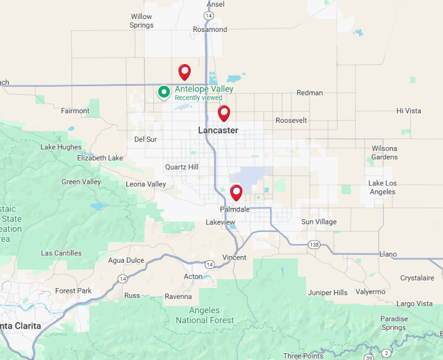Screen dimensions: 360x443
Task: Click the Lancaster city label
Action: tap(218, 130)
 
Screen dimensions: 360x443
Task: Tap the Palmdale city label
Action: tap(234, 209)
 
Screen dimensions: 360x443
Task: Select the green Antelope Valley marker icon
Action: tap(164, 92)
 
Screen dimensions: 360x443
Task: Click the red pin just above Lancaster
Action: tap(224, 113)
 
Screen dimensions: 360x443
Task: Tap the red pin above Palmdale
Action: tap(236, 193)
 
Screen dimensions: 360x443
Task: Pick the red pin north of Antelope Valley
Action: tap(185, 72)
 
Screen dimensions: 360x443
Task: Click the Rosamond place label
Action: tap(210, 30)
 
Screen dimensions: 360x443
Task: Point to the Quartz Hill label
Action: tap(182, 167)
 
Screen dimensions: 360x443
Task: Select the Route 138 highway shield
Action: tap(314, 244)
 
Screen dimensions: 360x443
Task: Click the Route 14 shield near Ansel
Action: tap(209, 15)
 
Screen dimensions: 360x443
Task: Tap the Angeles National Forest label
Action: tap(205, 315)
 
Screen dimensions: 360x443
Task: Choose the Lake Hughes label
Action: tap(61, 147)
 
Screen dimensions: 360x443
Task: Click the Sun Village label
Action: tap(319, 222)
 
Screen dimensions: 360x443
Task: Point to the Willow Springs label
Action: tap(142, 21)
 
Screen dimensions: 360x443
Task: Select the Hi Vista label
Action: tap(409, 111)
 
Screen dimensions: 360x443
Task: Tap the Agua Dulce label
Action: tap(126, 260)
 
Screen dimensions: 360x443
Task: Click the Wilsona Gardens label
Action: tap(385, 153)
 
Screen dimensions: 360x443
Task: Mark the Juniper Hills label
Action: tap(327, 293)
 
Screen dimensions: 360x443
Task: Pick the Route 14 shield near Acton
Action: tap(210, 265)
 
